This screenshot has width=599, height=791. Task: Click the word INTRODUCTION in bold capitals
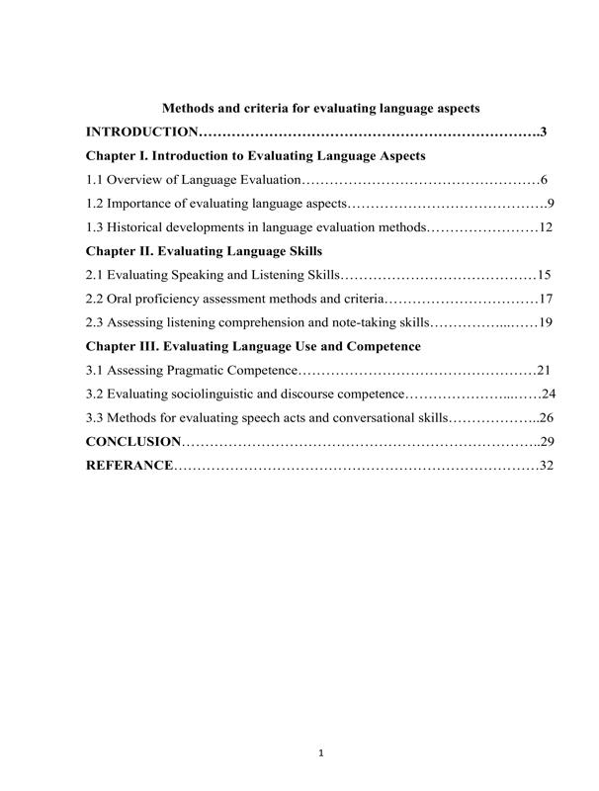pyautogui.click(x=142, y=132)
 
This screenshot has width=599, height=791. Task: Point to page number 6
pyautogui.click(x=545, y=180)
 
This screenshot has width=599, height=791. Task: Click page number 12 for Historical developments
pyautogui.click(x=546, y=227)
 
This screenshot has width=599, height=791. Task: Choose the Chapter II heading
pyautogui.click(x=205, y=251)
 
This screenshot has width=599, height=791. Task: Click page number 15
pyautogui.click(x=545, y=275)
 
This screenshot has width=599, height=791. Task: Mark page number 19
pyautogui.click(x=546, y=322)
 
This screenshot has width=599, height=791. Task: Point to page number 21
pyautogui.click(x=545, y=371)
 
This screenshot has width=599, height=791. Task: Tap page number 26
pyautogui.click(x=546, y=417)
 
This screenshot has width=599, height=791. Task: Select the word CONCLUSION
pyautogui.click(x=133, y=441)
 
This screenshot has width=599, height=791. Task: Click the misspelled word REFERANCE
pyautogui.click(x=129, y=465)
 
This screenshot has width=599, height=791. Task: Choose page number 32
pyautogui.click(x=546, y=465)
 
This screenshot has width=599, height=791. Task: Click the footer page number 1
pyautogui.click(x=322, y=753)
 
